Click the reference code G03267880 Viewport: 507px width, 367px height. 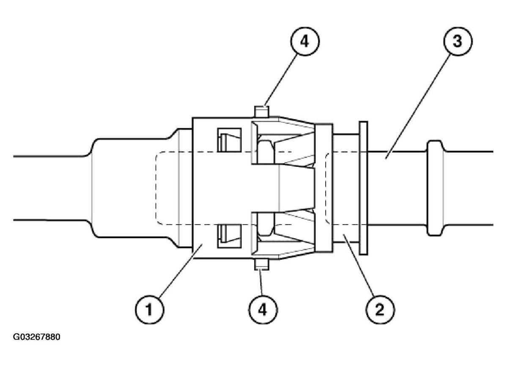(37, 337)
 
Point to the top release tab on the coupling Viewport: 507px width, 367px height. (261, 111)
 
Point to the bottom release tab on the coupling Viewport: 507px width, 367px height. (261, 265)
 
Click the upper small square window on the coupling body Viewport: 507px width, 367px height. (228, 139)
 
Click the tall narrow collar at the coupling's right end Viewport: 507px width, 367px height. (324, 188)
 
